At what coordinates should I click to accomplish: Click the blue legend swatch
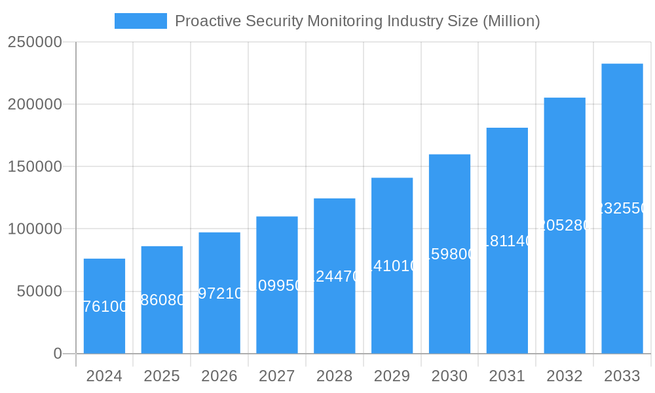[x=140, y=21]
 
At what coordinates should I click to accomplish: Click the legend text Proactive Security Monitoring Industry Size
[x=357, y=21]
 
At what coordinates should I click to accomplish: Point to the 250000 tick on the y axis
[x=35, y=42]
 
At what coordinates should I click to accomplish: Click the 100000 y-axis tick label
[x=35, y=229]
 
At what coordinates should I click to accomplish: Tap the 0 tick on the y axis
[x=57, y=354]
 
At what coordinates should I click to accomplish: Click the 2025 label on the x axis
[x=162, y=377]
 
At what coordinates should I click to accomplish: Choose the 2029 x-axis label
[x=392, y=377]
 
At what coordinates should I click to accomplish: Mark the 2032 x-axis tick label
[x=565, y=377]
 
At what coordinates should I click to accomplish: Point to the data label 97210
[x=219, y=293]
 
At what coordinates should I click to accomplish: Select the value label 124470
[x=335, y=276]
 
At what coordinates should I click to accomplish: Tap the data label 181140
[x=507, y=241]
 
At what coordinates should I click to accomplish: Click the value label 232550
[x=622, y=208]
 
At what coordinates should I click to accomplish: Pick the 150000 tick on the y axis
[x=35, y=166]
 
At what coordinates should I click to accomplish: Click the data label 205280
[x=565, y=225]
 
